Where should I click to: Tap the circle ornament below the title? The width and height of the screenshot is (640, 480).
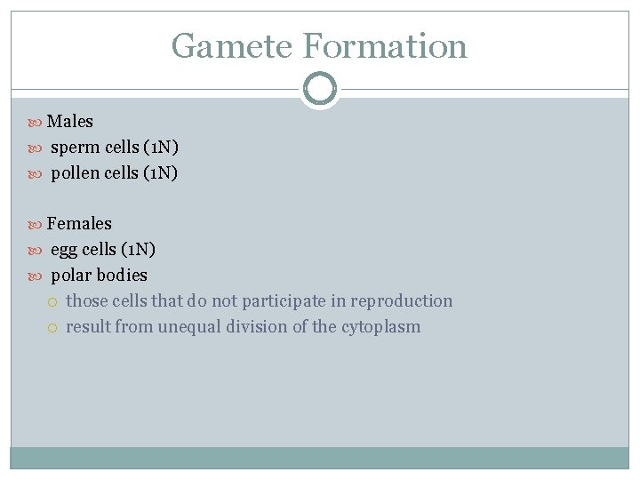click(320, 89)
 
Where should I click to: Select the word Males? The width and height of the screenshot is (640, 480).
click(70, 122)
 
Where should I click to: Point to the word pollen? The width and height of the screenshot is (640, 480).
click(76, 173)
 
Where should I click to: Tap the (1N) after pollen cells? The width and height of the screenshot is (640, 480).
click(160, 173)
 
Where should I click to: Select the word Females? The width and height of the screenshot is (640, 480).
click(79, 224)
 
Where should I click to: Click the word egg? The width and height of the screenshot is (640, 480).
click(65, 250)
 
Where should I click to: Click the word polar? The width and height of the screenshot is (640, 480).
click(71, 276)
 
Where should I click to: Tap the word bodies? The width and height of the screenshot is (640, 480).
click(122, 276)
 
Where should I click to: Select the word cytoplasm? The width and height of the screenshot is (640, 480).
click(380, 327)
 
